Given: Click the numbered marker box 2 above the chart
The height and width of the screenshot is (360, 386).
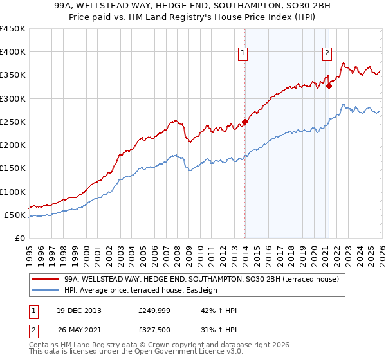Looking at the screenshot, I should coord(327,53).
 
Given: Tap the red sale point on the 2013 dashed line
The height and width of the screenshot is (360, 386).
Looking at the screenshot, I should coord(244,122).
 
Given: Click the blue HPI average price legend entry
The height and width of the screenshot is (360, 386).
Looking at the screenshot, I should coord(141,290).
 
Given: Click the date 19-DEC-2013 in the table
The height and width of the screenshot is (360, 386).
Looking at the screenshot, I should coord(78,310).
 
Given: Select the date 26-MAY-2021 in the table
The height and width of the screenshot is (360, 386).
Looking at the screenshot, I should coord(78,330).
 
